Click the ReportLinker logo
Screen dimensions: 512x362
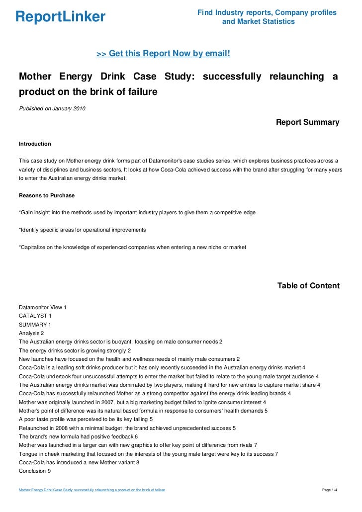coord(60,17)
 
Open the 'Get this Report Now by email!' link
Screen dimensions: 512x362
coord(163,53)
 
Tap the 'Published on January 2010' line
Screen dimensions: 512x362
coord(52,109)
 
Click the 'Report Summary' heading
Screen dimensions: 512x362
coord(307,122)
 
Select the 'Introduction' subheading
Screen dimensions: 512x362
coord(35,144)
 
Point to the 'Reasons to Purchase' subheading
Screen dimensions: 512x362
coord(46,195)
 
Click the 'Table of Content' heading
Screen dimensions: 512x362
coord(308,286)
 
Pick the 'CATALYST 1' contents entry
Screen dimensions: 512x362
coord(35,316)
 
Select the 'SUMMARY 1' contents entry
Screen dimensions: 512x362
coord(35,325)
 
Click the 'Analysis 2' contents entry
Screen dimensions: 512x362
coord(31,333)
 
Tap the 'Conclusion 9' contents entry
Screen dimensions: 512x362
coord(34,470)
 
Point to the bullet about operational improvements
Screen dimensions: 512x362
coord(82,230)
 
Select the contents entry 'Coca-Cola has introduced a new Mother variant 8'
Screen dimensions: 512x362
coord(79,462)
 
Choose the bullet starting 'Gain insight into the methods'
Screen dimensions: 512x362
coord(137,213)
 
